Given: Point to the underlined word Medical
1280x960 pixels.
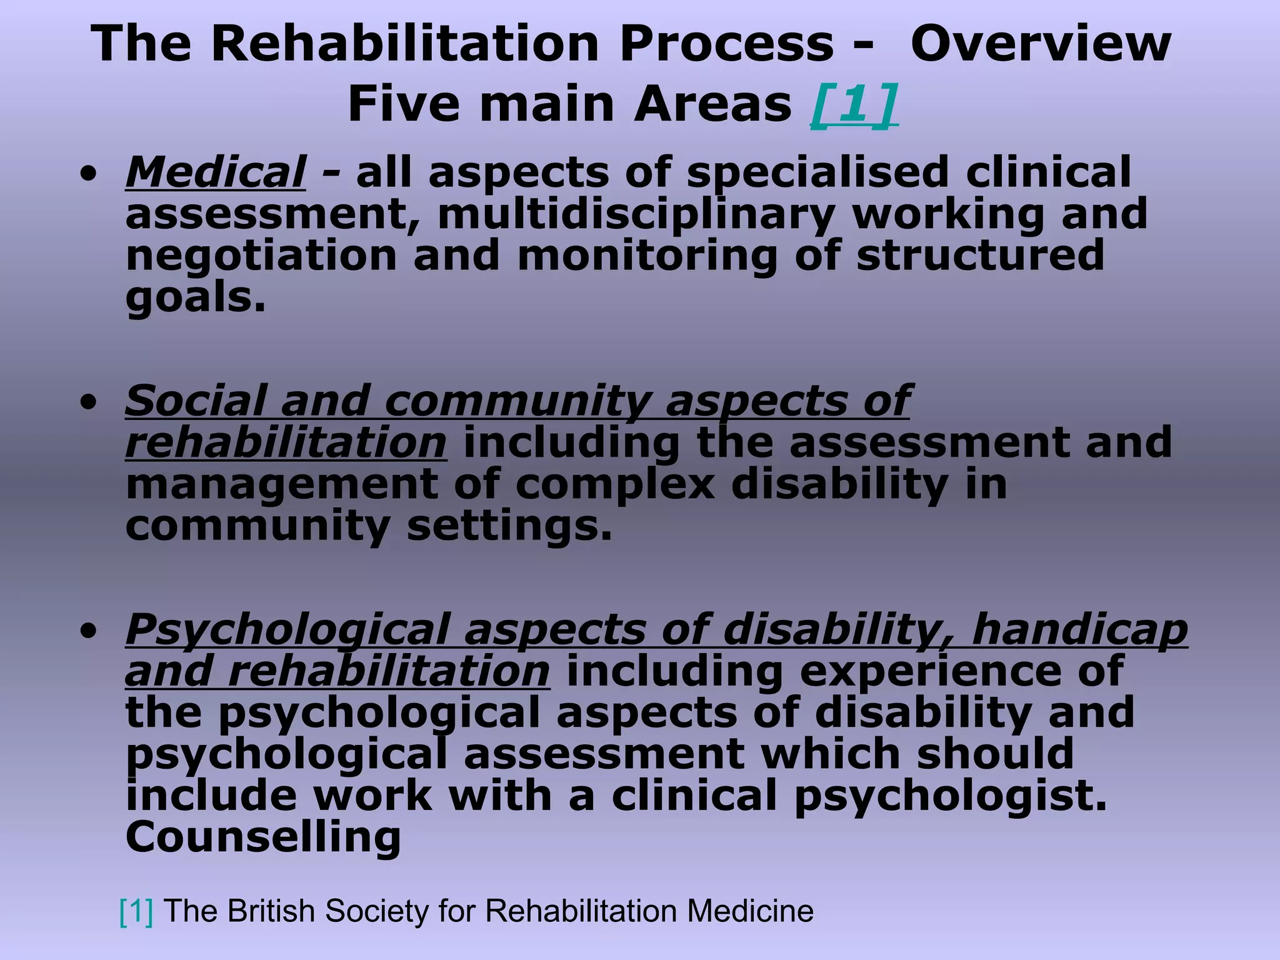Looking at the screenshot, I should (216, 172).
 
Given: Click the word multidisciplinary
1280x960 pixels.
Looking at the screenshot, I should (636, 214).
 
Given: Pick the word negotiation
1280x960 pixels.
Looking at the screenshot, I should (261, 256).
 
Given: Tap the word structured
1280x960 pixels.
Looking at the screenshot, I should (980, 256).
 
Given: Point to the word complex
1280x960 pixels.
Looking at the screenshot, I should (615, 484).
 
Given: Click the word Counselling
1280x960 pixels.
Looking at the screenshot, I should (263, 837).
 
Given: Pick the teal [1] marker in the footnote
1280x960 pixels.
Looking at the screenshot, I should (136, 911).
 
